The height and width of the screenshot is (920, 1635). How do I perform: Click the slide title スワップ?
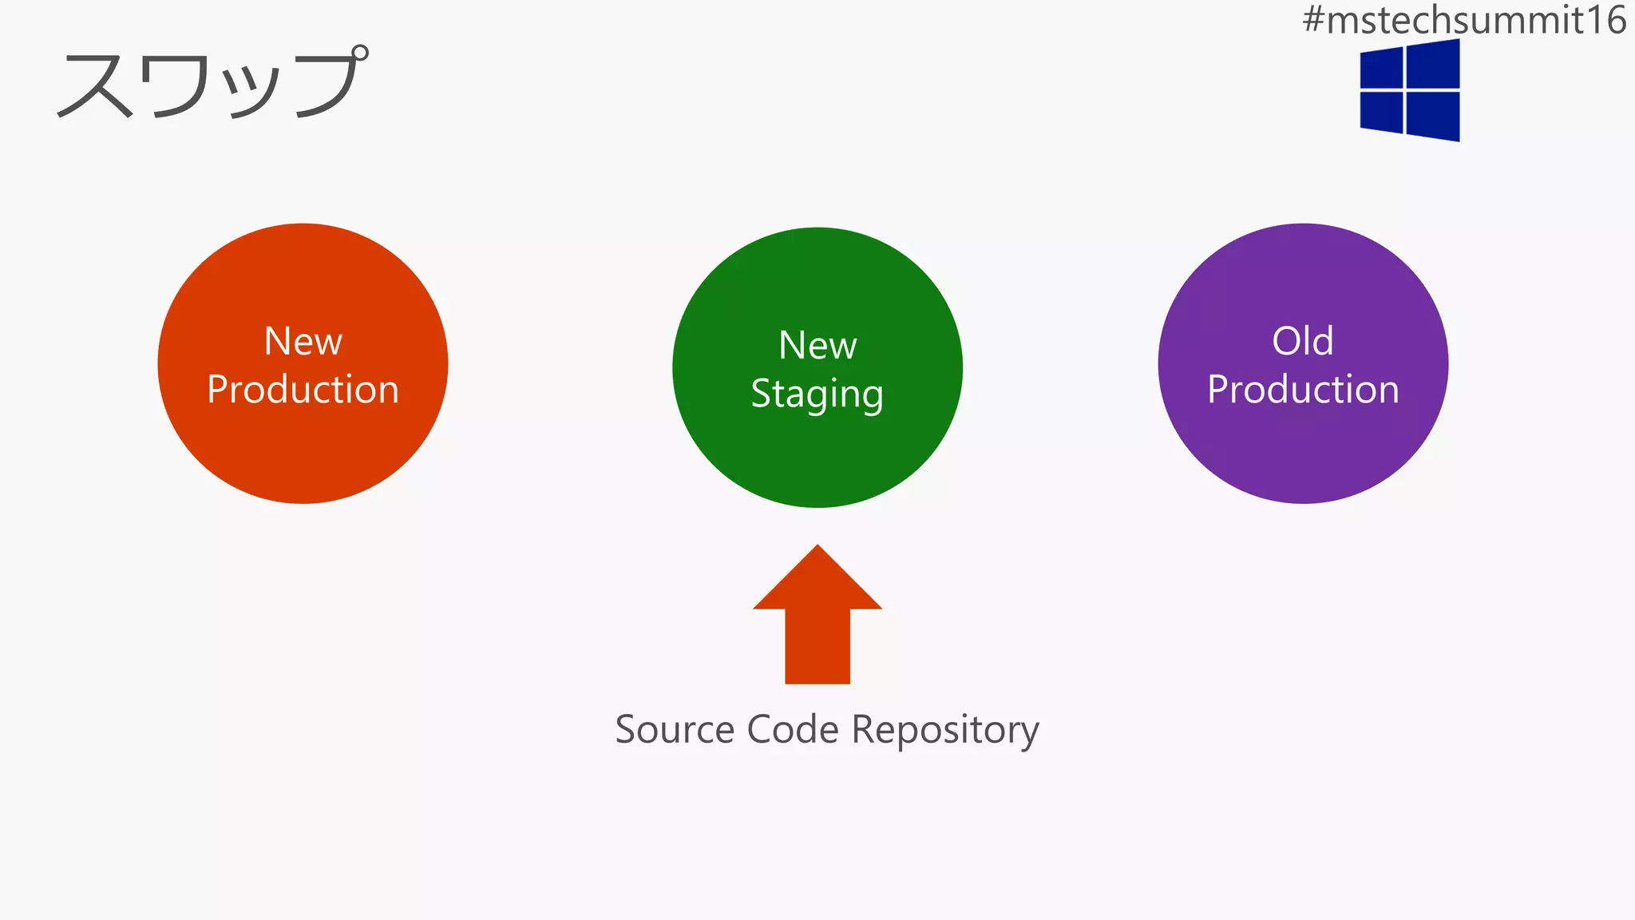pyautogui.click(x=212, y=83)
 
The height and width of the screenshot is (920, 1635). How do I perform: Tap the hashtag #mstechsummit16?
pyautogui.click(x=1463, y=20)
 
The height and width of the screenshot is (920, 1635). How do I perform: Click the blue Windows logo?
pyautogui.click(x=1410, y=90)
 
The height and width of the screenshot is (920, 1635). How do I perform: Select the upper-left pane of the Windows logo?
pyautogui.click(x=1382, y=68)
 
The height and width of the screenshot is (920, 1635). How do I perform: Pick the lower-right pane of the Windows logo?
pyautogui.click(x=1433, y=116)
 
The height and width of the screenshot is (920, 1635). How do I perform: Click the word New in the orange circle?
pyautogui.click(x=303, y=342)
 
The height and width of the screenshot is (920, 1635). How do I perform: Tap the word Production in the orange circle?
pyautogui.click(x=303, y=390)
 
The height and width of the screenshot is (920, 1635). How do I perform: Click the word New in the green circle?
pyautogui.click(x=817, y=346)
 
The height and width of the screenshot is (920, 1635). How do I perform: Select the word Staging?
pyautogui.click(x=817, y=395)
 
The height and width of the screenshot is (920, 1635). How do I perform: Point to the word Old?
pyautogui.click(x=1303, y=342)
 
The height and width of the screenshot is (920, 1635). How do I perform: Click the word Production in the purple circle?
pyautogui.click(x=1303, y=390)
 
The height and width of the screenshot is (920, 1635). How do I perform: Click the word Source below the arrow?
pyautogui.click(x=675, y=730)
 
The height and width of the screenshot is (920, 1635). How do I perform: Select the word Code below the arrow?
pyautogui.click(x=793, y=730)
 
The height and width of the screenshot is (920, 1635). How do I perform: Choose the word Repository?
pyautogui.click(x=945, y=730)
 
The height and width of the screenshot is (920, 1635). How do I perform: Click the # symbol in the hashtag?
pyautogui.click(x=1313, y=20)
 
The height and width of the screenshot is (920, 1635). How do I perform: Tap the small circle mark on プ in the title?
pyautogui.click(x=359, y=54)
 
